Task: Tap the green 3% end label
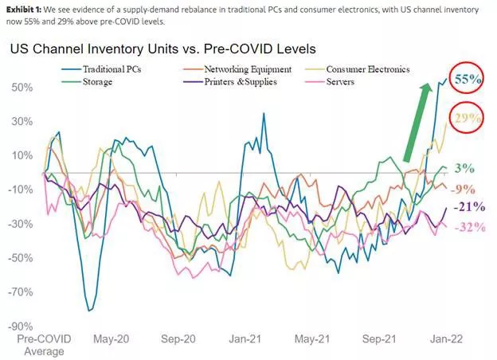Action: pyautogui.click(x=464, y=168)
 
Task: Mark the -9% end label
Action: pyautogui.click(x=463, y=189)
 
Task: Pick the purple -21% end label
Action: pyautogui.click(x=464, y=207)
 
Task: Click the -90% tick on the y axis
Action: pyautogui.click(x=22, y=327)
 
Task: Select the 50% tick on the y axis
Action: pyautogui.click(x=22, y=86)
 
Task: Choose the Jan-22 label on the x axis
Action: pyautogui.click(x=440, y=339)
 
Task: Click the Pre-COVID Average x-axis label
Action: pyautogui.click(x=43, y=345)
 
